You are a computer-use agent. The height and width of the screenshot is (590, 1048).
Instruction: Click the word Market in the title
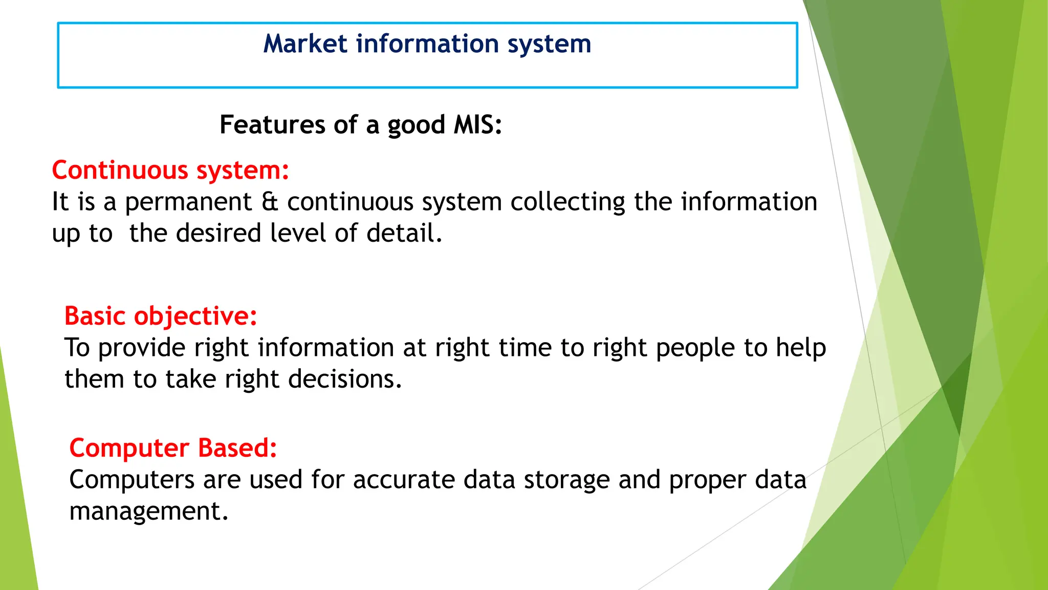(305, 44)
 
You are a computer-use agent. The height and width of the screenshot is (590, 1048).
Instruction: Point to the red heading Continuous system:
(170, 171)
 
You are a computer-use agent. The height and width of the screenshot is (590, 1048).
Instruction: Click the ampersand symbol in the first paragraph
(269, 202)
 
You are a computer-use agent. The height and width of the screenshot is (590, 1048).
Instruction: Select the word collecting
(567, 202)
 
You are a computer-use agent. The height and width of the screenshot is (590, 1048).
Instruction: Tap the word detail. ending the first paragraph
(404, 233)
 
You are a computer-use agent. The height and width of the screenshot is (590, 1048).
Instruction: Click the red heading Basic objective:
(160, 316)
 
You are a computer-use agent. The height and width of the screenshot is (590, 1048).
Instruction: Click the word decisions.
(345, 380)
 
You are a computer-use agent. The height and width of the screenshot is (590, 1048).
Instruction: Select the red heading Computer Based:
(173, 448)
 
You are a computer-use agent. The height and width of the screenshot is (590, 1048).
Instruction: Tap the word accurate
(403, 480)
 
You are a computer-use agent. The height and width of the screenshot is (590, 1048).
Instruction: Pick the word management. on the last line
(148, 512)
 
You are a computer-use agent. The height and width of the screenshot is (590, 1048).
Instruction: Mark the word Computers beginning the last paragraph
(132, 480)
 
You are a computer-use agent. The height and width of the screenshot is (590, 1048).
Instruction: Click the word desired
(219, 233)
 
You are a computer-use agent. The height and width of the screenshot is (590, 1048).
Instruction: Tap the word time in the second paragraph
(525, 348)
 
